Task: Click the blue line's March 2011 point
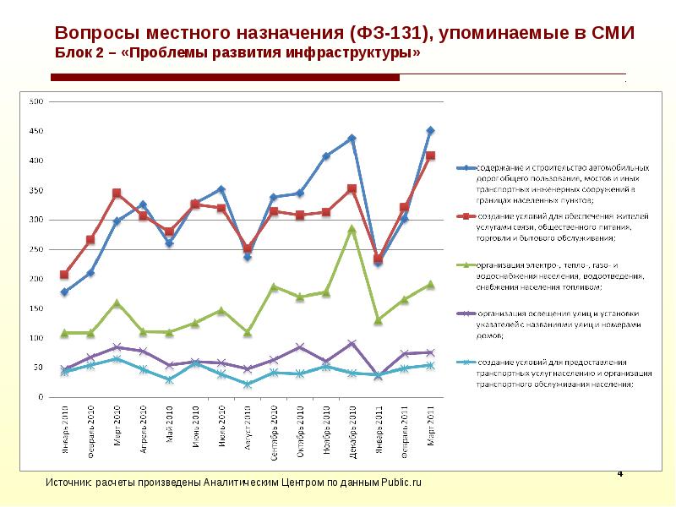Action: click(x=430, y=130)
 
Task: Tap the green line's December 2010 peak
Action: click(x=352, y=228)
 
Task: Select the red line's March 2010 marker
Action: click(x=117, y=194)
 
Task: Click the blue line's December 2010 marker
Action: click(x=352, y=138)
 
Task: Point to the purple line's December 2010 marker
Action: click(x=352, y=344)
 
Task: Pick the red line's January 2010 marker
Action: click(x=64, y=275)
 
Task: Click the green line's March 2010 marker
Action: click(x=117, y=303)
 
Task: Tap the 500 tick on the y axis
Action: click(x=35, y=102)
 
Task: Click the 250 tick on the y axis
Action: click(x=35, y=249)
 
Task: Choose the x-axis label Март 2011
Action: click(x=431, y=430)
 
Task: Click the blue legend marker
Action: click(x=464, y=167)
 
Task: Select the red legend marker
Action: click(x=464, y=216)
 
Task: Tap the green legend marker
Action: click(x=464, y=265)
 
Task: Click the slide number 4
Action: click(x=620, y=473)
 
